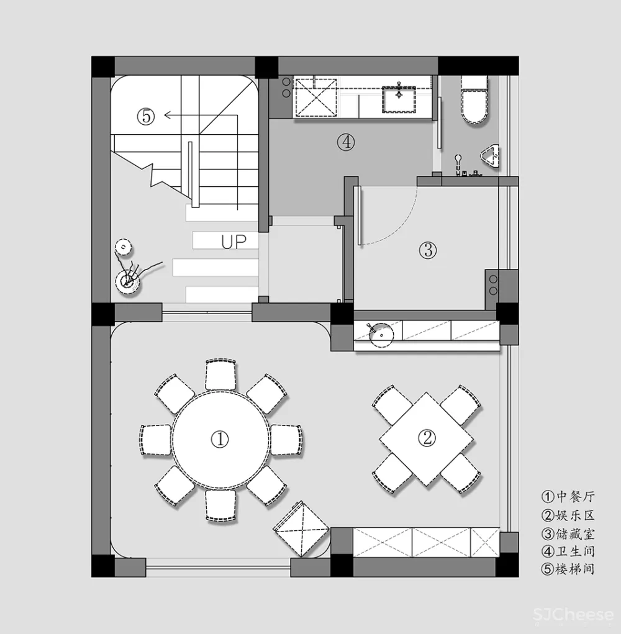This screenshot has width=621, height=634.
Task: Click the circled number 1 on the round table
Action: [220, 439]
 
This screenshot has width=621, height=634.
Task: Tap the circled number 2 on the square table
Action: [427, 438]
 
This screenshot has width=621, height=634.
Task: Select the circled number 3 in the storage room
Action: [428, 250]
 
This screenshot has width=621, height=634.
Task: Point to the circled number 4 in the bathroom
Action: [346, 142]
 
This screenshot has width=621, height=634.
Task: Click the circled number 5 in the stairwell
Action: [145, 117]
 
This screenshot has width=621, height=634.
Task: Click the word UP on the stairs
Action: [233, 242]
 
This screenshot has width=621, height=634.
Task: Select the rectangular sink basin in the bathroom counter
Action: [399, 99]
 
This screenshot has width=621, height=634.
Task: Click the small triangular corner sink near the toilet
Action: [491, 155]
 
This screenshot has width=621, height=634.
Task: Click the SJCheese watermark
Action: [573, 615]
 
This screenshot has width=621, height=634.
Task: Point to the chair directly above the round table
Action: [220, 374]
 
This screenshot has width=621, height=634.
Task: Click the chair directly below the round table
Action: [220, 505]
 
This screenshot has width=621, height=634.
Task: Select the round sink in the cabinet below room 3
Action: [382, 335]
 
